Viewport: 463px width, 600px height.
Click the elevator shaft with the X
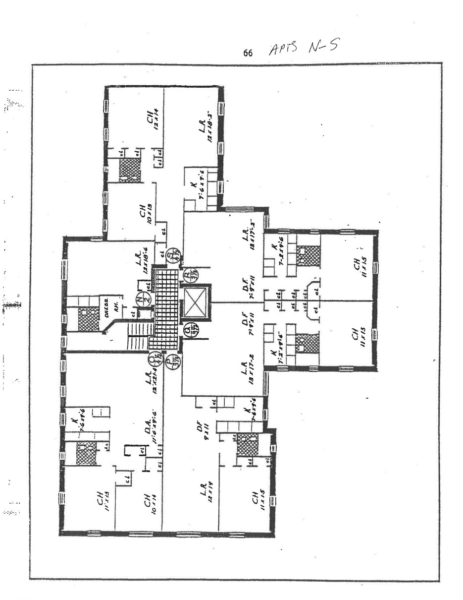[x=194, y=302]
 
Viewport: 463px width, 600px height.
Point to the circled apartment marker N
[x=141, y=300]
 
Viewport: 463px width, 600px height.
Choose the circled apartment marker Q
[x=189, y=330]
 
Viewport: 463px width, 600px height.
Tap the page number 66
[x=248, y=52]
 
